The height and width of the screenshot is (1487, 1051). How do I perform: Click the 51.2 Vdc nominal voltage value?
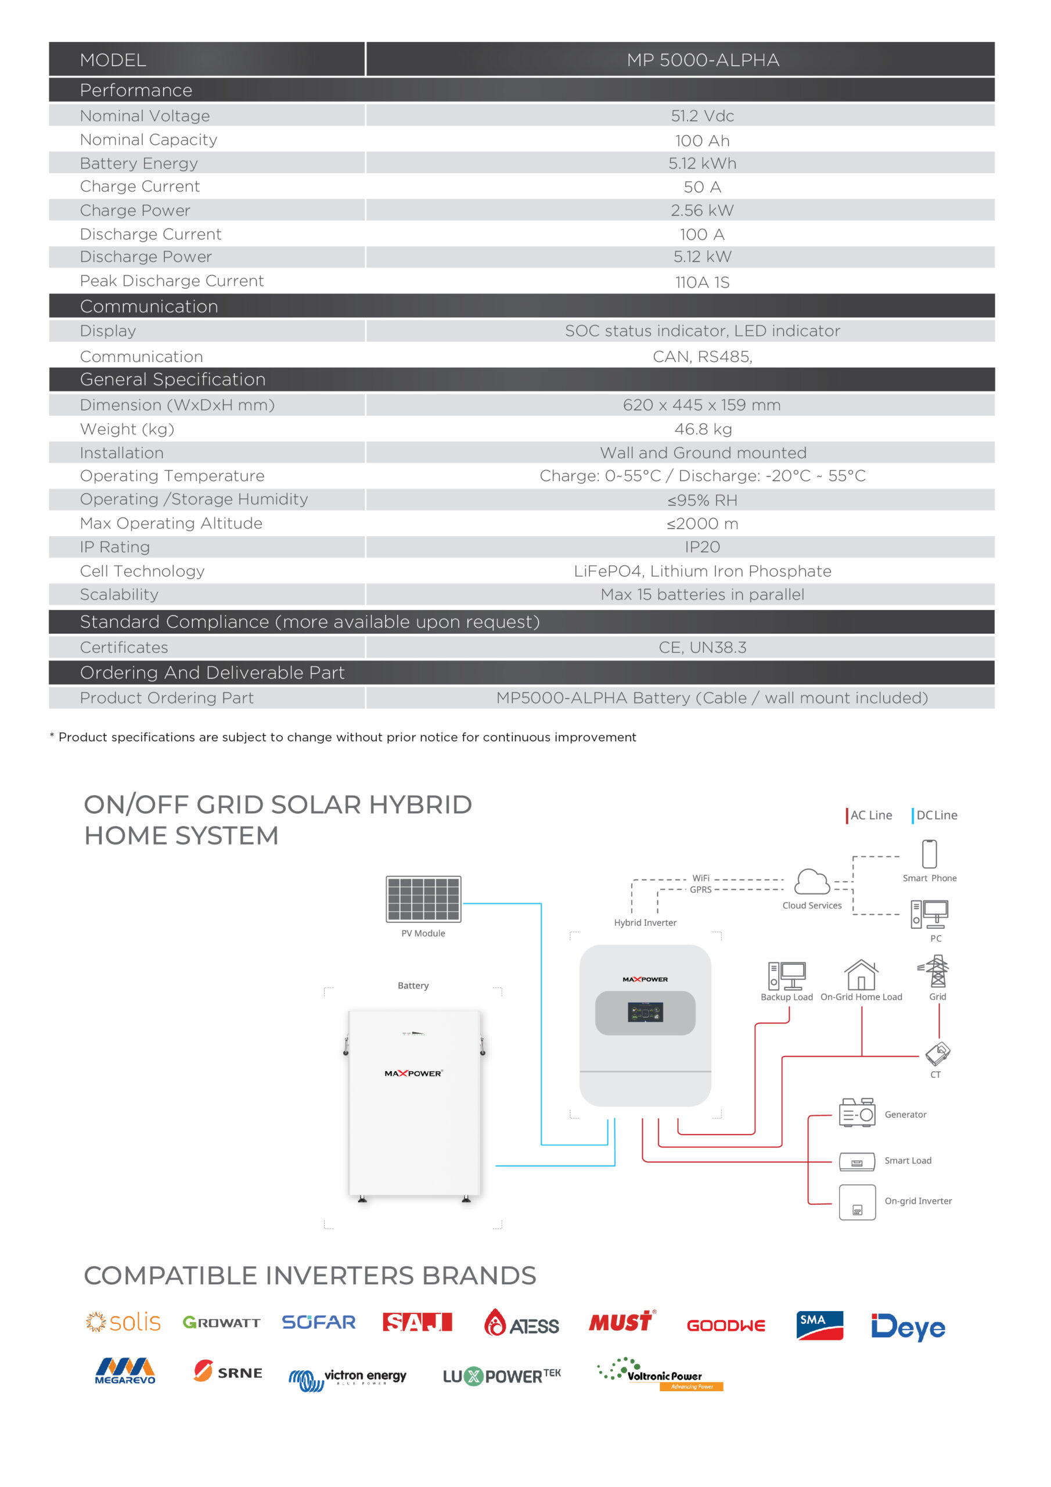tap(702, 116)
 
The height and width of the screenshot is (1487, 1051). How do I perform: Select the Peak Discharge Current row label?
tap(172, 281)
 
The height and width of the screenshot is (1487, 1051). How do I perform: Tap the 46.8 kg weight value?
tap(703, 429)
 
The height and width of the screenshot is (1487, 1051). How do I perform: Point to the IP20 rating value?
tap(702, 547)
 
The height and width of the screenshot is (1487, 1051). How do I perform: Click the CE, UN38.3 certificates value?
tap(702, 648)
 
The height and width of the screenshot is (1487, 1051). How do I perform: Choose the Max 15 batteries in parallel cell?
tap(702, 595)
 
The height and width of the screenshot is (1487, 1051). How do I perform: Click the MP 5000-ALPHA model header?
tap(702, 60)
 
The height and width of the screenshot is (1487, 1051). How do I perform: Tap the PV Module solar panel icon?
tap(423, 899)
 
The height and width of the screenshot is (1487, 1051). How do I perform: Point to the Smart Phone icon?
tap(929, 854)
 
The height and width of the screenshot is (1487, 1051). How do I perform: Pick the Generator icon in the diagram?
tap(856, 1114)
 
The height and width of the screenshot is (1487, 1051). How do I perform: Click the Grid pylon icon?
tap(937, 971)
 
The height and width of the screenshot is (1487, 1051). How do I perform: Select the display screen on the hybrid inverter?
tap(645, 1012)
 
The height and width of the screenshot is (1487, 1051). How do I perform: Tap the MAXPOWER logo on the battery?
tap(413, 1074)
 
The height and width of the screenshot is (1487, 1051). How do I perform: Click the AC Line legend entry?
tap(869, 816)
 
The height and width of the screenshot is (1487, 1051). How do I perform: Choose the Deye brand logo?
tap(908, 1326)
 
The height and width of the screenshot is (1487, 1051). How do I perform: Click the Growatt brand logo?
tap(221, 1323)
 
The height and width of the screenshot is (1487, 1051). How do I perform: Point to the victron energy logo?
tap(348, 1378)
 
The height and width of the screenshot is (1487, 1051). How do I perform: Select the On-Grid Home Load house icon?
tap(861, 975)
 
